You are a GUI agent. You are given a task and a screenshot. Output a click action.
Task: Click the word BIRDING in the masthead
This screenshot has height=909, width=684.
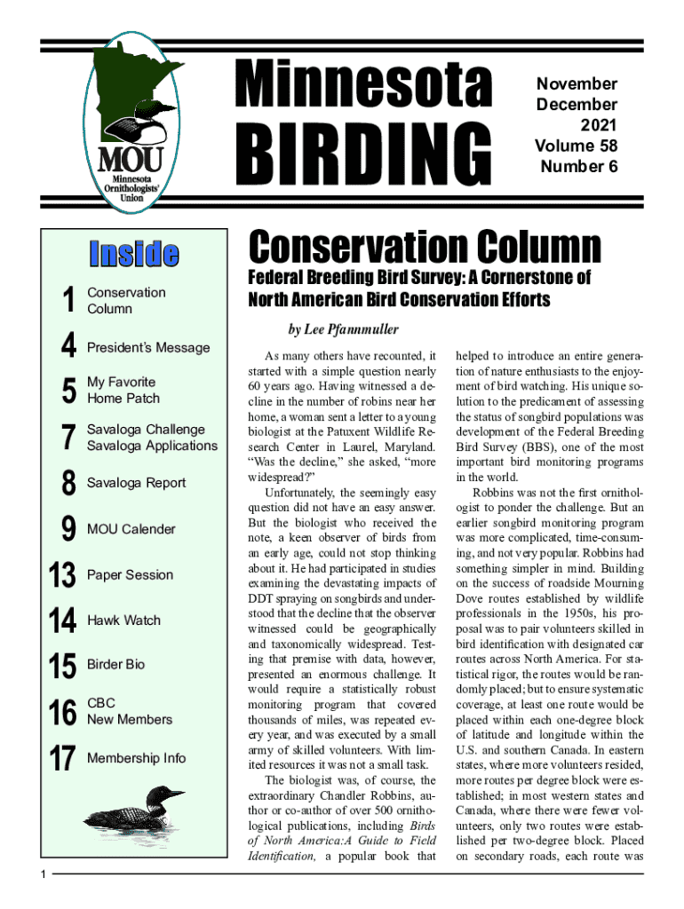point(362,153)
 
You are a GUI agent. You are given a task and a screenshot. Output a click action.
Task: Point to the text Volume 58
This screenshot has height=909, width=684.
point(576,145)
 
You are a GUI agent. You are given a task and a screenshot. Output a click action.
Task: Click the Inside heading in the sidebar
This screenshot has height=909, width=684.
point(132,254)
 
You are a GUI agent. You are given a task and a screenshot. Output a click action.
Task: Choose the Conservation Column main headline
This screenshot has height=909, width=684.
point(425,246)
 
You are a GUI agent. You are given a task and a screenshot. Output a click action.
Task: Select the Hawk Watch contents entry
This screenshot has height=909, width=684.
point(123,620)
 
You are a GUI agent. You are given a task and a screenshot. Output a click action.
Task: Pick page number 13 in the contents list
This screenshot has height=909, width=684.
point(62,575)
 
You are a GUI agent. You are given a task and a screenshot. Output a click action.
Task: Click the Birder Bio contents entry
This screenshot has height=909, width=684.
point(115,664)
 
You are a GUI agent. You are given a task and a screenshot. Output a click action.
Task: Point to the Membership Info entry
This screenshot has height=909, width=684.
point(137,757)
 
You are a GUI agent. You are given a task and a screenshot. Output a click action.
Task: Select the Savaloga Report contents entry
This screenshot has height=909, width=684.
point(137,482)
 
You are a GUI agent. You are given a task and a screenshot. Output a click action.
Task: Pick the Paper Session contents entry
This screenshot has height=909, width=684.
point(130,574)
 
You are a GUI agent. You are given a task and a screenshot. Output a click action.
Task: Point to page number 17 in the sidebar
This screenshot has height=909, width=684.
point(62,758)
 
